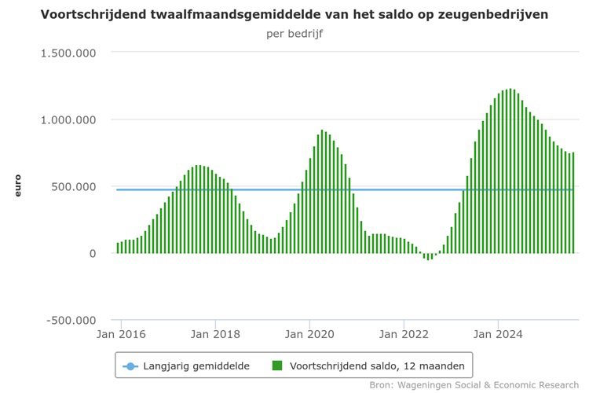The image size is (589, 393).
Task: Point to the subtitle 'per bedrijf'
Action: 294,34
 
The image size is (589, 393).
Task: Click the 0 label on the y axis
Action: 93,253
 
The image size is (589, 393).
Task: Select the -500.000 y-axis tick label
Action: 70,320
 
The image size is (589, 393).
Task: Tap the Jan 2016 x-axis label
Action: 121,333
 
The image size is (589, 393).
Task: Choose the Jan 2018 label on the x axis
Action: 215,333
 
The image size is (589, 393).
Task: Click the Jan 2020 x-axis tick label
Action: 309,333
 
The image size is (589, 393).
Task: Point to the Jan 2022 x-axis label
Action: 404,333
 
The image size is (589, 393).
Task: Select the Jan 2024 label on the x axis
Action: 498,333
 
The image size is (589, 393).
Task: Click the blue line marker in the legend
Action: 130,365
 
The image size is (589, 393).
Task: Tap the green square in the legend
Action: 276,365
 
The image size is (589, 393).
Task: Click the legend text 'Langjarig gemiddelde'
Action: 196,365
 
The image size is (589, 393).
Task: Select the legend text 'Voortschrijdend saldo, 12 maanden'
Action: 377,365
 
